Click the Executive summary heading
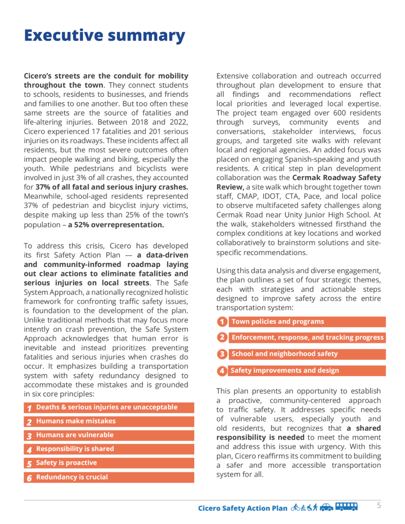click(105, 35)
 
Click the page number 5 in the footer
click(379, 505)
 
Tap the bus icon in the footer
click(346, 507)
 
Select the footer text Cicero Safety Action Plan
click(243, 508)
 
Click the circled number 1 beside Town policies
click(222, 322)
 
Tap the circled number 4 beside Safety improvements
click(222, 371)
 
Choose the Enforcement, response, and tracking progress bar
click(307, 338)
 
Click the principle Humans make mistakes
click(76, 421)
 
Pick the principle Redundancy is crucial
click(72, 477)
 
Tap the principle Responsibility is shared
click(75, 449)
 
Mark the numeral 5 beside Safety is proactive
click(29, 464)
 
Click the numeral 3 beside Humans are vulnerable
click(29, 436)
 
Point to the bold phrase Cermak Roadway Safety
click(336, 178)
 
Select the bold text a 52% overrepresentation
click(116, 225)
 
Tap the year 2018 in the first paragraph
click(139, 122)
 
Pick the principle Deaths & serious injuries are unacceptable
click(106, 407)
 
